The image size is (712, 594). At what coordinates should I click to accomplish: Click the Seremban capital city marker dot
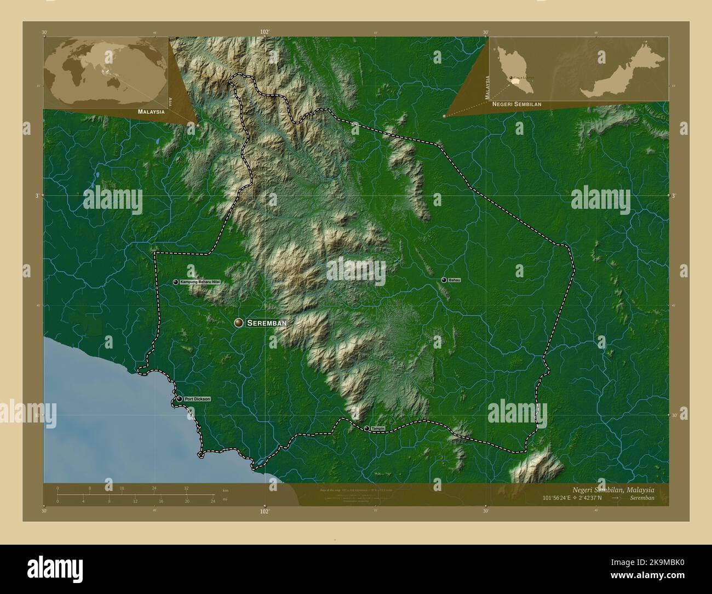pyautogui.click(x=238, y=323)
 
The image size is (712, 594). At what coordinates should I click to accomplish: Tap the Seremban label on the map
pyautogui.click(x=267, y=323)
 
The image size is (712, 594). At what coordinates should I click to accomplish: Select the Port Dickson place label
pyautogui.click(x=197, y=399)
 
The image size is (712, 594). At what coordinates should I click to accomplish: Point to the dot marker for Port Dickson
pyautogui.click(x=179, y=399)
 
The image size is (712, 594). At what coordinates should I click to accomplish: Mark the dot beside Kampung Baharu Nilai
pyautogui.click(x=176, y=282)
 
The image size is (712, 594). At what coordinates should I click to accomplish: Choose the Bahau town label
pyautogui.click(x=454, y=280)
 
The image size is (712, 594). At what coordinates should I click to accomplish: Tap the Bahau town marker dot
pyautogui.click(x=444, y=280)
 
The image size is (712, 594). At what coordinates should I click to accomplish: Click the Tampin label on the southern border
pyautogui.click(x=377, y=429)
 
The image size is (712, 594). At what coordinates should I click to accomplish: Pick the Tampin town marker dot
pyautogui.click(x=366, y=429)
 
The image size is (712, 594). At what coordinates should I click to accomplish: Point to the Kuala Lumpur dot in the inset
pyautogui.click(x=512, y=79)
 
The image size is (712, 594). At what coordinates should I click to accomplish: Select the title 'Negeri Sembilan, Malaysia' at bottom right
pyautogui.click(x=613, y=489)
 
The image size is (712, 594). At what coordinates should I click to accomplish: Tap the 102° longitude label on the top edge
pyautogui.click(x=265, y=32)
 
